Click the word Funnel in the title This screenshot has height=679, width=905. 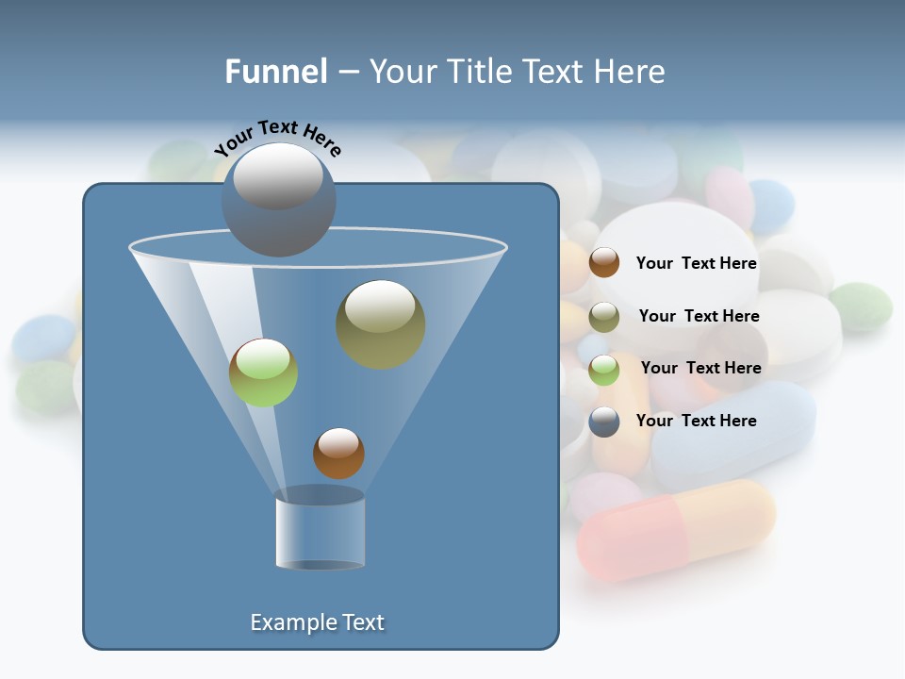276,72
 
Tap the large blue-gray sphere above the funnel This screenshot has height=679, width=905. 278,200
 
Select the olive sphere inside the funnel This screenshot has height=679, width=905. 381,323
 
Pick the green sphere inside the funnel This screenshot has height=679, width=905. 263,373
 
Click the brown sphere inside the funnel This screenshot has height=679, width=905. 338,454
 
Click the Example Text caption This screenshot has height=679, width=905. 317,622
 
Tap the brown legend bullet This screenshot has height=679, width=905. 604,263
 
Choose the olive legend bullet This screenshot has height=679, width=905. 604,317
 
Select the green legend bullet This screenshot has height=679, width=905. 604,370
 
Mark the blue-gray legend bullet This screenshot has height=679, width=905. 604,422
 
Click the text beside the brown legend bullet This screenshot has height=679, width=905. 696,264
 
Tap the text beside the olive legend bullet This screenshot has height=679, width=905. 699,317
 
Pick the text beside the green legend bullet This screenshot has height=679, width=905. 700,369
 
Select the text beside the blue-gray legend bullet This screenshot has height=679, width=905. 696,422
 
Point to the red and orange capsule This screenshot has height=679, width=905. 676,529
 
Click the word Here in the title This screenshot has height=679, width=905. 628,72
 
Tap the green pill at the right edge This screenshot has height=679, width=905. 861,306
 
